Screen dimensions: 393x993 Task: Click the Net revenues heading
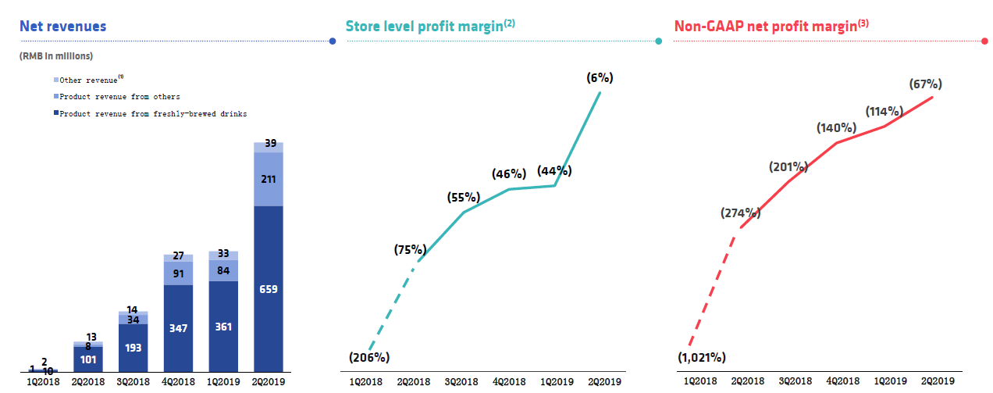pyautogui.click(x=63, y=27)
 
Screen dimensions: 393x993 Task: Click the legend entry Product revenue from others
pyautogui.click(x=119, y=97)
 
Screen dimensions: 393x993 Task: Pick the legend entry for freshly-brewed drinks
pyautogui.click(x=153, y=114)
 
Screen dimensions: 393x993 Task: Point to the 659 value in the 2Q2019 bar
pyautogui.click(x=269, y=289)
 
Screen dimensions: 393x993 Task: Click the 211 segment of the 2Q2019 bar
pyautogui.click(x=269, y=180)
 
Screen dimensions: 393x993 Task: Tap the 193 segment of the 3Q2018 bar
pyautogui.click(x=133, y=347)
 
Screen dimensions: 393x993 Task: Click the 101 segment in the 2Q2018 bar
pyautogui.click(x=87, y=360)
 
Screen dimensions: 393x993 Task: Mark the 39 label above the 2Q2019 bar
pyautogui.click(x=269, y=143)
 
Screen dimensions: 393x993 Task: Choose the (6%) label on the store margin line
pyautogui.click(x=600, y=77)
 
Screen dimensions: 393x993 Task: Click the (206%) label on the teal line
pyautogui.click(x=369, y=357)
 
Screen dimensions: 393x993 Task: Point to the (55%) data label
pyautogui.click(x=464, y=198)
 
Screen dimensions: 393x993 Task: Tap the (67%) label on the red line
pyautogui.click(x=925, y=84)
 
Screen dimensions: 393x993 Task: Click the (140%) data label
pyautogui.click(x=837, y=127)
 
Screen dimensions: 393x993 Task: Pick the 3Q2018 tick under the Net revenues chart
pyautogui.click(x=133, y=381)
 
